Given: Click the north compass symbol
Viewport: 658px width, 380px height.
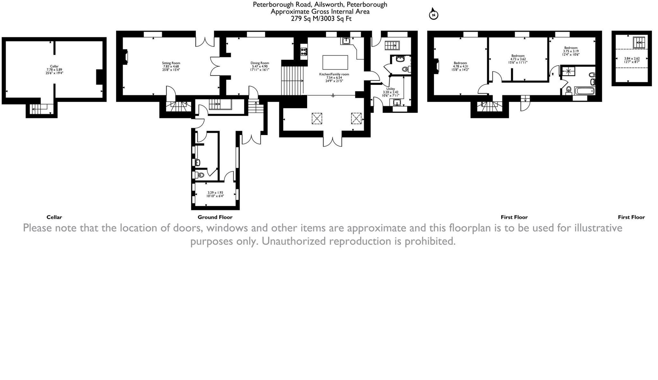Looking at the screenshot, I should [x=433, y=14].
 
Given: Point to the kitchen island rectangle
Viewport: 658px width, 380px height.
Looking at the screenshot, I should [x=335, y=62].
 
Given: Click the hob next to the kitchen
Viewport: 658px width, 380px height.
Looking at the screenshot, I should [x=304, y=51].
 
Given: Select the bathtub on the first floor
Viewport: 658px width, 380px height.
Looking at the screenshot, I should [x=584, y=91].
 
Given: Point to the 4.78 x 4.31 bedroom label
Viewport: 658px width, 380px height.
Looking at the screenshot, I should [x=460, y=66].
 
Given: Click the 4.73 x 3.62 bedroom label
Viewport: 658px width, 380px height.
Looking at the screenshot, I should [x=518, y=59].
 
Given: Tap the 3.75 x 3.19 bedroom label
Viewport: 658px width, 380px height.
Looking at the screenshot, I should [x=571, y=51].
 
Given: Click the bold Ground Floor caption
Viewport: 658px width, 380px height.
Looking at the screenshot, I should [x=215, y=217].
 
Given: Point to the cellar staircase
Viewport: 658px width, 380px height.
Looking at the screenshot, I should [x=40, y=109].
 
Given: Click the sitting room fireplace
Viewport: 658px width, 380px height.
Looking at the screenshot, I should [x=126, y=57].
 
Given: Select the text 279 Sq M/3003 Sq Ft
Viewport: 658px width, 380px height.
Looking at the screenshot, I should [x=321, y=19].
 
